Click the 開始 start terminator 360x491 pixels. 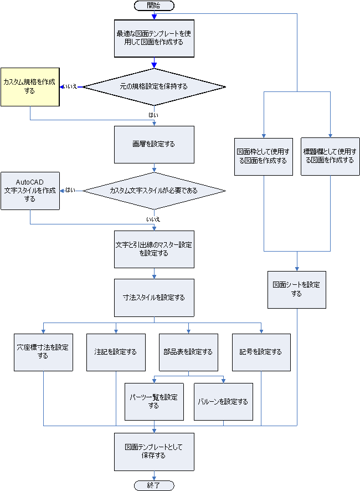click(154, 6)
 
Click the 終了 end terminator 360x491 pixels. click(154, 485)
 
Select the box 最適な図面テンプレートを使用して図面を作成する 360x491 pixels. click(154, 38)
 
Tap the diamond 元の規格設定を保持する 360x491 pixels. click(154, 87)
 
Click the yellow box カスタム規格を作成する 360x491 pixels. click(29, 86)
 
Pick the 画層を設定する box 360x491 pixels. click(154, 144)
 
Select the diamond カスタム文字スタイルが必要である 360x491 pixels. click(154, 191)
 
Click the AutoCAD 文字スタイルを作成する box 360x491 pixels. click(29, 191)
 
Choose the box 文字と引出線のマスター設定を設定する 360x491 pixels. click(154, 249)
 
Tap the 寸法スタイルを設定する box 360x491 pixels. click(154, 298)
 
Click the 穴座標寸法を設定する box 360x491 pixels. click(43, 352)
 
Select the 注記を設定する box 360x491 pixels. click(116, 352)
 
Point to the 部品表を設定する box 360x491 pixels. click(188, 352)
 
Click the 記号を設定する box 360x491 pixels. click(261, 352)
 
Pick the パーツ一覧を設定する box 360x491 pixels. click(153, 402)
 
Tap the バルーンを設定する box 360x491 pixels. click(223, 402)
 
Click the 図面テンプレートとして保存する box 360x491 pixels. click(154, 452)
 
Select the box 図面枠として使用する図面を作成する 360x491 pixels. click(263, 157)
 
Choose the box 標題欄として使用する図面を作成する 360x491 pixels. click(330, 157)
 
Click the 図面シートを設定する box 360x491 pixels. click(296, 289)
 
